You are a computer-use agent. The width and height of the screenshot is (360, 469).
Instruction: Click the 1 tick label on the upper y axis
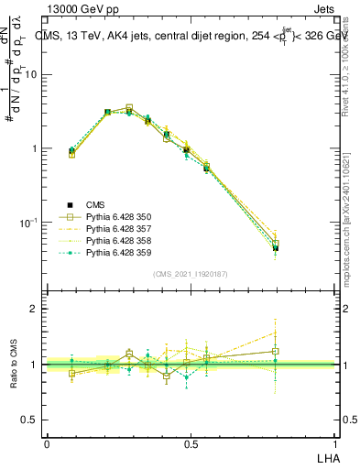pos(33,149)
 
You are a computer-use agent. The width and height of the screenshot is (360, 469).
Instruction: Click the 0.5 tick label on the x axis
pos(191,443)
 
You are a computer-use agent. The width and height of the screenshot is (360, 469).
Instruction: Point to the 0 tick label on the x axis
pos(47,443)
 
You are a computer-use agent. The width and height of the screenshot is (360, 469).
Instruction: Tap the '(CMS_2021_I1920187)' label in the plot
pos(190,274)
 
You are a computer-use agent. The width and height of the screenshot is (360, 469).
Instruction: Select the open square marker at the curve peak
pos(129,108)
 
